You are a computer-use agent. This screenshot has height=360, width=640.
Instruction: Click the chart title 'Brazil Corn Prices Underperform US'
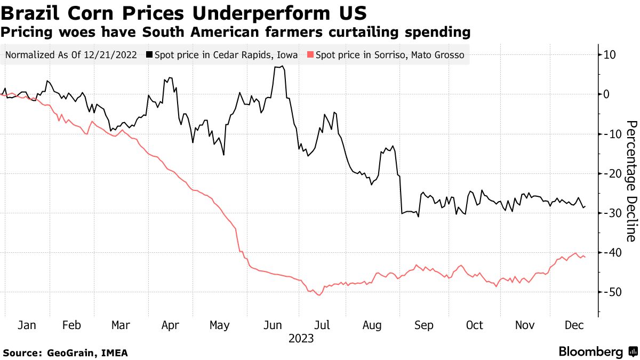183,12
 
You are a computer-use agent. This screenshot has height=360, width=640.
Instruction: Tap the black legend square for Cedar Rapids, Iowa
150,54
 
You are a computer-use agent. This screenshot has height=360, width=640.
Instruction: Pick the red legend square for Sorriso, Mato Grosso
311,54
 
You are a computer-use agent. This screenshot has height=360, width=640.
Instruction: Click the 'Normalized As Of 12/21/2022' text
70,54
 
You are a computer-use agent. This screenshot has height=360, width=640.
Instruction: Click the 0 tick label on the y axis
606,94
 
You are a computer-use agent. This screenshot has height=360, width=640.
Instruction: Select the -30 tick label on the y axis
608,213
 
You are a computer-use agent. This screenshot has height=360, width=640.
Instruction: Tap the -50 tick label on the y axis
608,292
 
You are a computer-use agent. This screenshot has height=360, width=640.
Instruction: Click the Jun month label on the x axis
273,325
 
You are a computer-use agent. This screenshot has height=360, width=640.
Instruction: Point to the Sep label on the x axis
424,325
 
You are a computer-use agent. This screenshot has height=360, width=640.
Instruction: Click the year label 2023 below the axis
301,338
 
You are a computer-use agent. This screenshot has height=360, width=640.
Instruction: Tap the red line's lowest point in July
319,295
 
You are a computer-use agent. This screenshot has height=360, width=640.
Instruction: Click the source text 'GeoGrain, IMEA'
87,353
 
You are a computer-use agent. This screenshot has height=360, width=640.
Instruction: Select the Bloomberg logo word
590,351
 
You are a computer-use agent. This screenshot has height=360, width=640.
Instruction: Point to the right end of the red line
585,257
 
